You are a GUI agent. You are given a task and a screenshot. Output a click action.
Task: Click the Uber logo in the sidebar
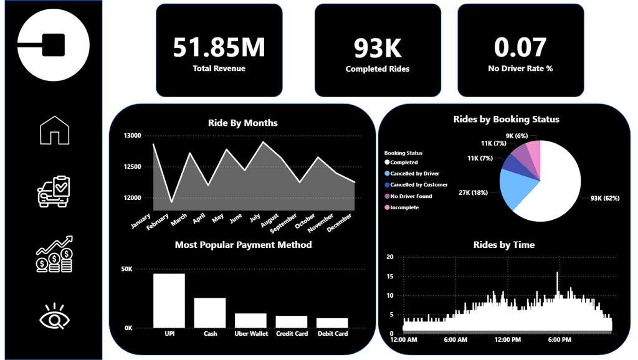tap(54, 45)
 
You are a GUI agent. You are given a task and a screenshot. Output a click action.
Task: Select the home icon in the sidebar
tap(54, 130)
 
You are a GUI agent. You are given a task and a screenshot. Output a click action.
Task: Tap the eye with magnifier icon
tap(54, 317)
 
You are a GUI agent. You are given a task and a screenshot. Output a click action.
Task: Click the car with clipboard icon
tap(54, 191)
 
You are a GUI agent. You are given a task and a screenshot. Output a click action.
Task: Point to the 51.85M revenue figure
tap(219, 48)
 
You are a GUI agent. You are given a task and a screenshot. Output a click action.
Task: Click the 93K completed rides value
tap(378, 48)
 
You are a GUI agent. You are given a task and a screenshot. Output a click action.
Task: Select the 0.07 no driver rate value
tap(520, 48)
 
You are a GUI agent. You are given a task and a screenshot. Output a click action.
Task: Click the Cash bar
tap(210, 312)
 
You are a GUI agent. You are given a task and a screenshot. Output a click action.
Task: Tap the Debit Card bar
tap(332, 323)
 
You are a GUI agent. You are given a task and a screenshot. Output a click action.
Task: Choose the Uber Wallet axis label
tap(250, 334)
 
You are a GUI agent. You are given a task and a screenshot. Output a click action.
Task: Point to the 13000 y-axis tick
tap(132, 135)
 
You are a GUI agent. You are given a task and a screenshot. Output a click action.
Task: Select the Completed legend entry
tap(404, 162)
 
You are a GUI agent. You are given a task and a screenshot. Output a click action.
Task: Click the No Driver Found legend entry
tap(411, 196)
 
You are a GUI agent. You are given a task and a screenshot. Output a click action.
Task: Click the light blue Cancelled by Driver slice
tap(518, 189)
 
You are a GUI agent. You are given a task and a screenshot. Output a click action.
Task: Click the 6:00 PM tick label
tap(558, 339)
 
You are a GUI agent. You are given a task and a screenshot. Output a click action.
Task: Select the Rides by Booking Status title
tap(506, 119)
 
